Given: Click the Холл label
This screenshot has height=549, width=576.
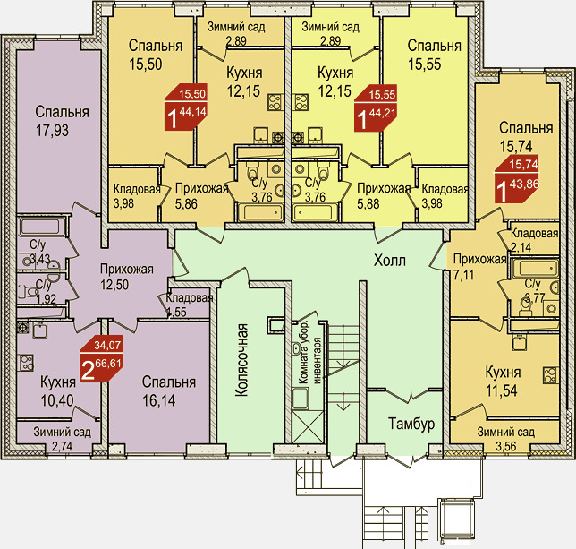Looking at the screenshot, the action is (x=390, y=261).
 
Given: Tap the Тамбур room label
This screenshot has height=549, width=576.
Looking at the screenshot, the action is (x=411, y=424).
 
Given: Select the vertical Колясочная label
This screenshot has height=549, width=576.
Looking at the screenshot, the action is (x=241, y=360).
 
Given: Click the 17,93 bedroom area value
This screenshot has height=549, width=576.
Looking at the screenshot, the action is (x=52, y=131).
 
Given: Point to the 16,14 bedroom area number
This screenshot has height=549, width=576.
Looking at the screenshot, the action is (x=159, y=400).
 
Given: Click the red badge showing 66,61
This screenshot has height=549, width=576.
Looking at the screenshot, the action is (x=101, y=358).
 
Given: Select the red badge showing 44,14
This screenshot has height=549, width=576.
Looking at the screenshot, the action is (x=186, y=107).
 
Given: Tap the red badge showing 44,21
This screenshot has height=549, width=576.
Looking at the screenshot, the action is (x=376, y=107).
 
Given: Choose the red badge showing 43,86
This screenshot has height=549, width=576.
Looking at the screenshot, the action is (x=516, y=179).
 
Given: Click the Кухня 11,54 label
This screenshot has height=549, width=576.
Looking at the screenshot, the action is (x=503, y=382).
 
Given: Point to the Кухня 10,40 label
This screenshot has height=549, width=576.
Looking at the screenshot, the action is (x=57, y=391).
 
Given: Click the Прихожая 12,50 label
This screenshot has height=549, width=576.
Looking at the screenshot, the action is (x=127, y=277).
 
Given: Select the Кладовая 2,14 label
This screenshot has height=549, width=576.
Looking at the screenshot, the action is (x=534, y=240).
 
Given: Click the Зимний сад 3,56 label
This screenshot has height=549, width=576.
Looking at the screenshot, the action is (x=506, y=439).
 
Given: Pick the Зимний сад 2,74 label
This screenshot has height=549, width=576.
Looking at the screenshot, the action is (x=62, y=439).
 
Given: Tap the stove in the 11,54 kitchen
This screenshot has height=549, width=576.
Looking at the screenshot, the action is (x=551, y=376).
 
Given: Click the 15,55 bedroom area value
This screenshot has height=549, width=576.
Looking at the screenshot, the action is (x=424, y=64).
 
